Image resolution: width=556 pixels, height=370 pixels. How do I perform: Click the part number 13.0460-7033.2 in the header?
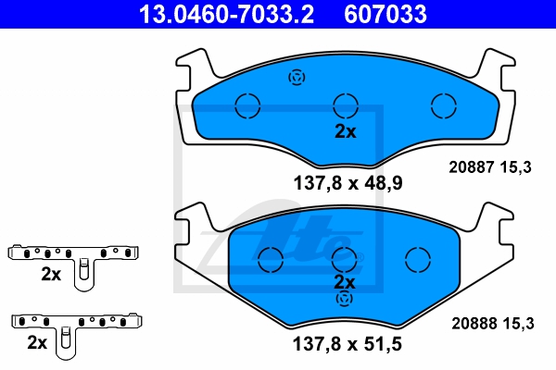[226, 14]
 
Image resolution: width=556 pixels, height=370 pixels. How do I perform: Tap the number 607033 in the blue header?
[385, 14]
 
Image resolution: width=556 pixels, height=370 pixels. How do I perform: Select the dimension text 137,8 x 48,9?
[347, 183]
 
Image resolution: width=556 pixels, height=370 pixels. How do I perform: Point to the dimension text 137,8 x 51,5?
[347, 344]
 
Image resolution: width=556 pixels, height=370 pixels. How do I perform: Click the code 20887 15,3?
[490, 167]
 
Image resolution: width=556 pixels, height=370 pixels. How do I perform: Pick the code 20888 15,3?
[493, 324]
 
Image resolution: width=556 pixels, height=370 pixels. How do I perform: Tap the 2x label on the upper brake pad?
[346, 131]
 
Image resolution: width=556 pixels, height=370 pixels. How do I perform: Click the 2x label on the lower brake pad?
[345, 282]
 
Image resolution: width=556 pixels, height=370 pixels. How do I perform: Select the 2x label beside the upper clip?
[51, 274]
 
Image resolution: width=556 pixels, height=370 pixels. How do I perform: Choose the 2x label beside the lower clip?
[37, 342]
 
